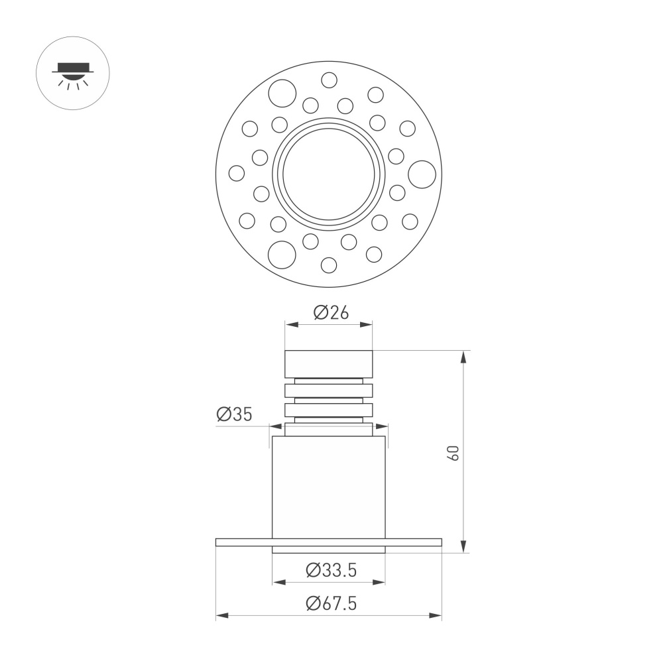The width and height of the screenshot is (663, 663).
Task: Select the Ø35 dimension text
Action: [x=234, y=415]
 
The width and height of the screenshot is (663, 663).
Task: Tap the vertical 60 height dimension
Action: [x=453, y=453]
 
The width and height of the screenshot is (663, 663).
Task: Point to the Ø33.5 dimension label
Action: [x=331, y=570]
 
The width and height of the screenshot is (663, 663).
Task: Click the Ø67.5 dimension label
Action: [x=331, y=603]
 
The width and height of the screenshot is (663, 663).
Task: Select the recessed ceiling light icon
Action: [x=72, y=74]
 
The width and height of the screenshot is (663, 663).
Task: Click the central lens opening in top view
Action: [x=330, y=174]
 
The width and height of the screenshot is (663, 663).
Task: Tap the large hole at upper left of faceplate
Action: [x=282, y=93]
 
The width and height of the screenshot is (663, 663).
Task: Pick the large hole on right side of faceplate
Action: [x=422, y=174]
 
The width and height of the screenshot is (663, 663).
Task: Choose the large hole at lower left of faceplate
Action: [x=282, y=253]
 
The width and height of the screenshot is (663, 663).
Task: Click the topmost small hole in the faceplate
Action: [x=329, y=80]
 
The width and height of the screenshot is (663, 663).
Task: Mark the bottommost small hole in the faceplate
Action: [x=329, y=265]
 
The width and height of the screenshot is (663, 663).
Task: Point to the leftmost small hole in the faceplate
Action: [x=237, y=173]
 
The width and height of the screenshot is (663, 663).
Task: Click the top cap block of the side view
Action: [x=329, y=364]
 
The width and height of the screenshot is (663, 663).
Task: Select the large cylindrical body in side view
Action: [x=329, y=487]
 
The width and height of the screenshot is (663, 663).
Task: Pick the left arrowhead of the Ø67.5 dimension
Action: [x=221, y=616]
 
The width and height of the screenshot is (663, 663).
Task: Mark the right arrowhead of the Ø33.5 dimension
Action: [x=379, y=582]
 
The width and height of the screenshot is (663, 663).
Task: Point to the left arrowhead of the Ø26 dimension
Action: [x=290, y=325]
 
